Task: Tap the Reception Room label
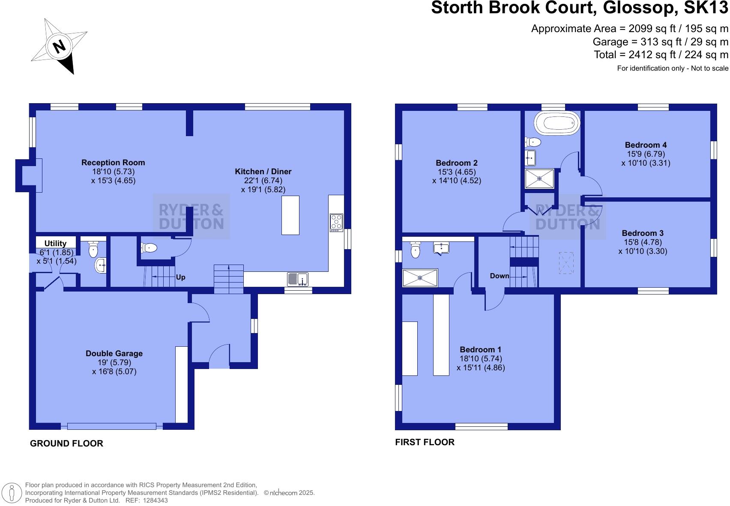tap(113, 163)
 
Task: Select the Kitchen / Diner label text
tap(263, 172)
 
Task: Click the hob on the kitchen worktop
tap(336, 223)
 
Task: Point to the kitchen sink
tap(298, 279)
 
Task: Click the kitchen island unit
tap(290, 215)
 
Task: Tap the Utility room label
tap(55, 244)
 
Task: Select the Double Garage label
tap(114, 354)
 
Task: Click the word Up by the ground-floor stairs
tap(181, 277)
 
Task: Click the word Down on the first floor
tap(500, 276)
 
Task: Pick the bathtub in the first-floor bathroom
tap(556, 124)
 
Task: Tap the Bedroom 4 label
tap(646, 145)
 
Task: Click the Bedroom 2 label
tap(457, 163)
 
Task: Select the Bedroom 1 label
tap(480, 350)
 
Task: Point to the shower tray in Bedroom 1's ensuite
tap(420, 277)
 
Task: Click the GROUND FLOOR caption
tap(66, 443)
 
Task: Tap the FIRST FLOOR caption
tap(425, 442)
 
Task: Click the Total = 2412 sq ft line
tap(661, 55)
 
